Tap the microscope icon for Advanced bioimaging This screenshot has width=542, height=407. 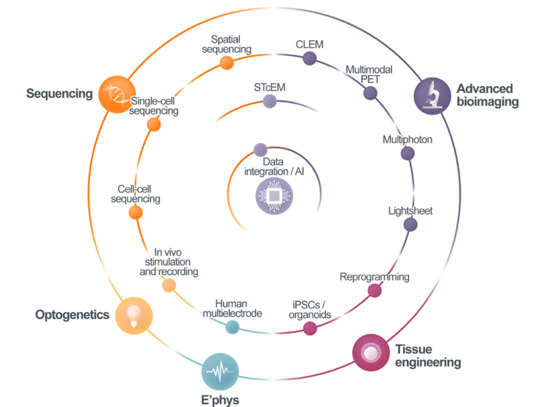tap(433, 96)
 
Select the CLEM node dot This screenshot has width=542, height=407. tap(309, 58)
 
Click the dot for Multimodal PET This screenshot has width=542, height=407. tap(370, 93)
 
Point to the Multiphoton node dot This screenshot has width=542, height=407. tap(407, 153)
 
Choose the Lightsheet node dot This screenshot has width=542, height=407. tap(410, 224)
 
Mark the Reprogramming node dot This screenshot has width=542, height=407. tap(374, 290)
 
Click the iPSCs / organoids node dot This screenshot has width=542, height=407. tap(309, 328)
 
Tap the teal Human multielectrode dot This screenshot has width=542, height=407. tap(232, 327)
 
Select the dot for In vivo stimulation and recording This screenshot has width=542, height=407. tap(168, 285)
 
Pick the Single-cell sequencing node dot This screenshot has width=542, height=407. tap(154, 125)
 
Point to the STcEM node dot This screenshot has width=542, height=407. tap(270, 101)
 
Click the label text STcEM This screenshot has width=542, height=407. tap(270, 87)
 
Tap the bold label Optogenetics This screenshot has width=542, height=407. tap(72, 315)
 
